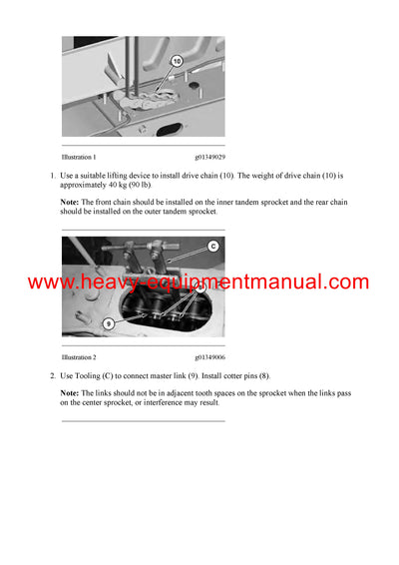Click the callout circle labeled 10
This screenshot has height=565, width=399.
tap(177, 61)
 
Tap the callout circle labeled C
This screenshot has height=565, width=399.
tap(212, 246)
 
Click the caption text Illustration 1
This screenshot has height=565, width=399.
tap(79, 157)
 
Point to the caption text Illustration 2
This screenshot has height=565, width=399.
tap(79, 356)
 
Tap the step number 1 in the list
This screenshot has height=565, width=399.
tap(51, 176)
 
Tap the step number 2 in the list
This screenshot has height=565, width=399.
tap(51, 375)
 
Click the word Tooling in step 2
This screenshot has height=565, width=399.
tap(89, 375)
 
